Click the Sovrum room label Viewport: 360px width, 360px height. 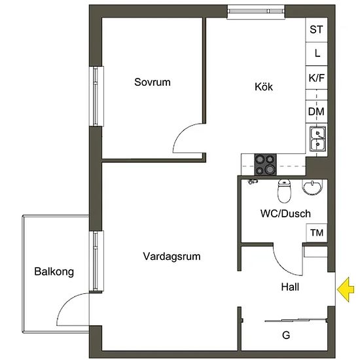coord(153,82)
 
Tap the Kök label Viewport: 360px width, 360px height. coord(264,86)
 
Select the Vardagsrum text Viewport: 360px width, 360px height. coord(171,257)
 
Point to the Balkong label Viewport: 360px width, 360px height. coord(54,272)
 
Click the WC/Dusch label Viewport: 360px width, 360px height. coord(285,213)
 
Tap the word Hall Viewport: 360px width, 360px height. coord(290,287)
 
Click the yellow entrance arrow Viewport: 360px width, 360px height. coord(346,289)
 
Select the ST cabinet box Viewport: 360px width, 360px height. coord(316,30)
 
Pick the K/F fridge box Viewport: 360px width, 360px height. coord(316,78)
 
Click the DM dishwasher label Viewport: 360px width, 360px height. coord(316,111)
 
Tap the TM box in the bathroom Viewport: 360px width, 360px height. coord(317,232)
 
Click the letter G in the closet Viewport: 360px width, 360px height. coord(286,335)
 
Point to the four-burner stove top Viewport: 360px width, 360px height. coord(265,164)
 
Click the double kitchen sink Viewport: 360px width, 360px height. coord(317,139)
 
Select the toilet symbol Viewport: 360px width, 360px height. coord(284,191)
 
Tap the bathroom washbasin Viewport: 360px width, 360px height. coord(312,187)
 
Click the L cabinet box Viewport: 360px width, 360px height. coord(316,54)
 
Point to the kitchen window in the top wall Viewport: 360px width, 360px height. coord(256,12)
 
